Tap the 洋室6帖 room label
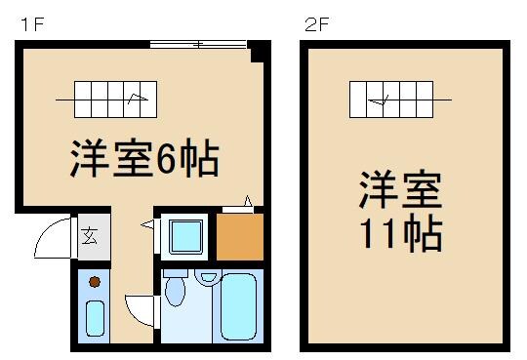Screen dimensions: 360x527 142,158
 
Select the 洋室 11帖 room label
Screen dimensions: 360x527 400,211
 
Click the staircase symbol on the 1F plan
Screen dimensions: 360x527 109,98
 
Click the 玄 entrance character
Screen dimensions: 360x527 90,235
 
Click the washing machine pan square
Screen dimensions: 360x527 184,237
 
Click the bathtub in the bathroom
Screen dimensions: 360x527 238,306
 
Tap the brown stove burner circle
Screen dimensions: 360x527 95,282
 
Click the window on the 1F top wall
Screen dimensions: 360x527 198,44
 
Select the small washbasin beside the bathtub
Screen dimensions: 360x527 207,276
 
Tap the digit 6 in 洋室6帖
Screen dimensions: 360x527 167,159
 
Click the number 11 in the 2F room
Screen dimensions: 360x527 376,234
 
